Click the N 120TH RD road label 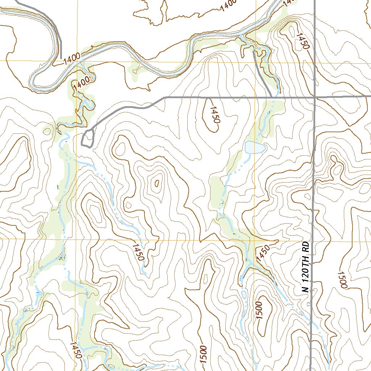pos(306,267)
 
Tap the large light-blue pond pos(255,147)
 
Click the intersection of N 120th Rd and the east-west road pos(314,97)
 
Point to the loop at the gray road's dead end pos(88,138)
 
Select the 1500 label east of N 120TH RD pos(342,279)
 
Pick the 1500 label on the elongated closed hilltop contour pos(258,310)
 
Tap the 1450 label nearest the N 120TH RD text pos(263,253)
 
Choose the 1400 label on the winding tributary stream pos(81,83)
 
